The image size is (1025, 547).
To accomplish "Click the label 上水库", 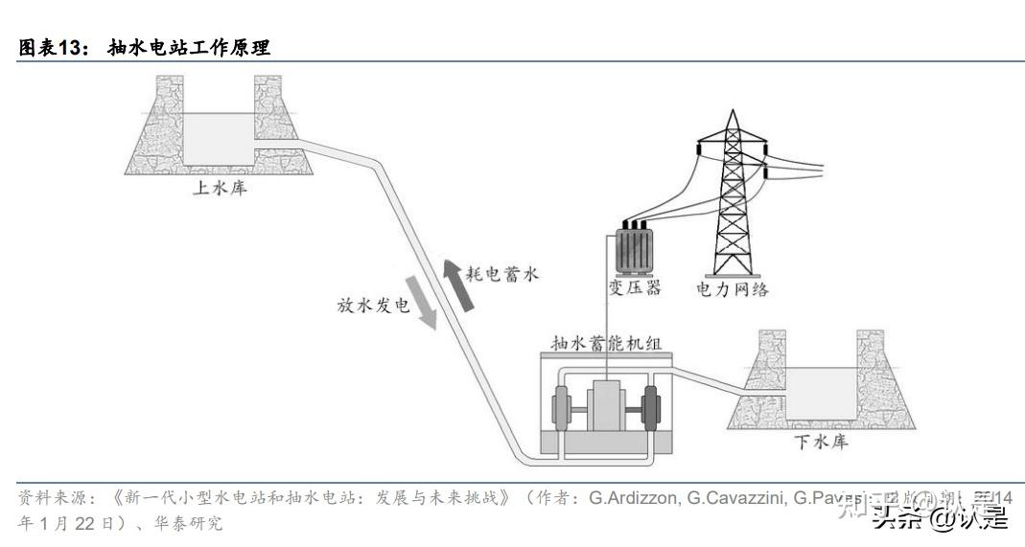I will click(221, 189).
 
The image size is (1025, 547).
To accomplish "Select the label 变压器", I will click(634, 288).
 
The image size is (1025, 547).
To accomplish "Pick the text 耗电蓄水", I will click(502, 274).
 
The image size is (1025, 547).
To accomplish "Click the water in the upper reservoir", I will click(220, 139).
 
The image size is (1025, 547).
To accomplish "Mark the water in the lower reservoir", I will click(821, 394).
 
